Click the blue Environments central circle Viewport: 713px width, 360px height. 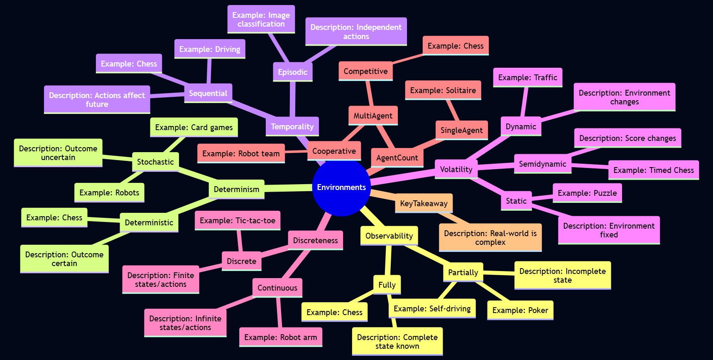(341, 187)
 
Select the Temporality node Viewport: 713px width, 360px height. (292, 126)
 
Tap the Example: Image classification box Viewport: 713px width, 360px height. (261, 20)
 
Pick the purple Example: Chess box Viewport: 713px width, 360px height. (129, 64)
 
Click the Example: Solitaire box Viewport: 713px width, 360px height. (443, 90)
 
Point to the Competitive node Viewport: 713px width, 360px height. (365, 71)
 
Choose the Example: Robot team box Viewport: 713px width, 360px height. (241, 153)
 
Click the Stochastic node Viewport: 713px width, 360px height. (155, 162)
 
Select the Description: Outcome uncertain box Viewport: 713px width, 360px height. (58, 153)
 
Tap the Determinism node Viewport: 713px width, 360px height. (236, 189)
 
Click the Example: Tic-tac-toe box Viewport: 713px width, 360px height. (238, 220)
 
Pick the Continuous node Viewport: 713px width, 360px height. (277, 288)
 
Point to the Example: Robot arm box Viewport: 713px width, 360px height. (281, 337)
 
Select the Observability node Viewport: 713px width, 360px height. (389, 236)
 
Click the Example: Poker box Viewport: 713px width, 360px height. (520, 310)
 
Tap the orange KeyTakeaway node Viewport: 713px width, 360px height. (424, 203)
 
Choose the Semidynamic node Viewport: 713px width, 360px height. (542, 164)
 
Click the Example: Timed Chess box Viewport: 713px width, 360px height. (654, 170)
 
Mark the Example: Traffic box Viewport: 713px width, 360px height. (527, 77)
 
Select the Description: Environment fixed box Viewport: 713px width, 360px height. (609, 230)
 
